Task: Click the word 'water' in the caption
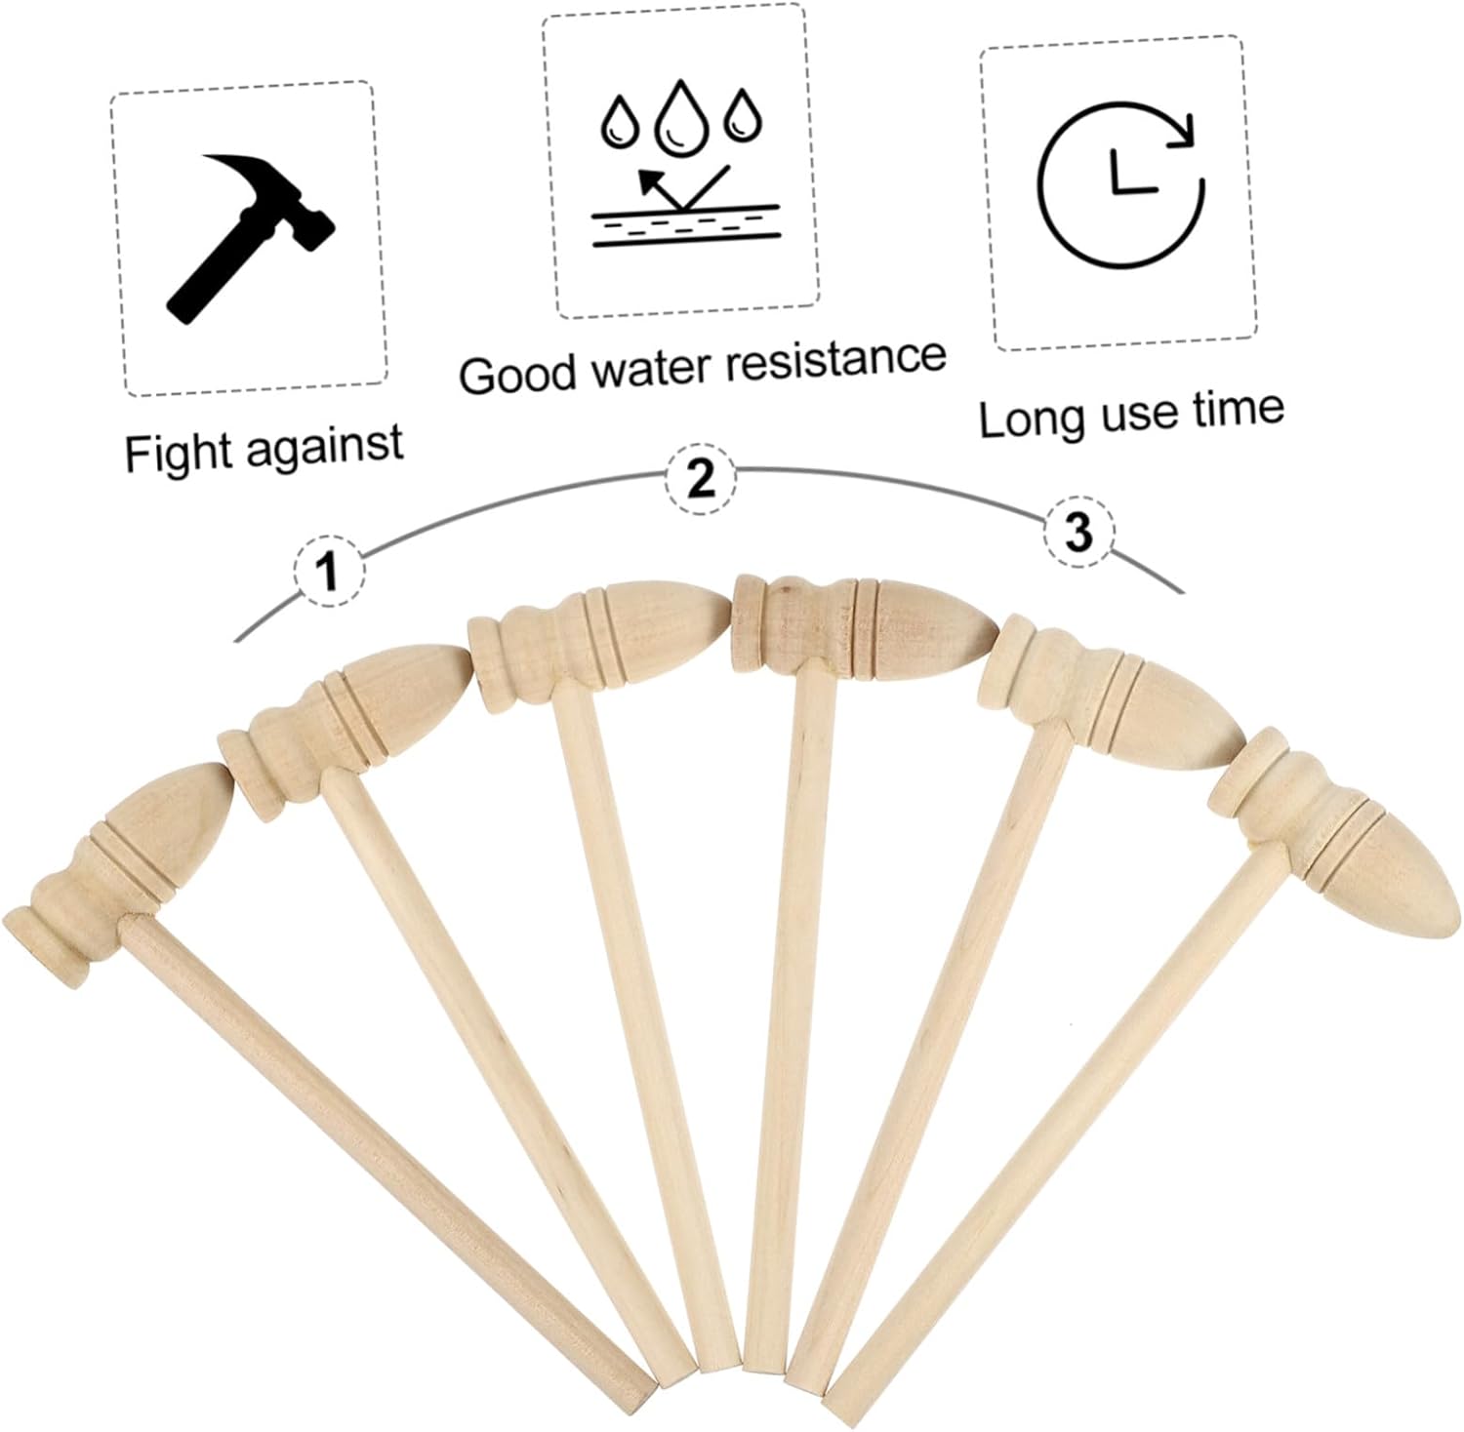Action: point(641,367)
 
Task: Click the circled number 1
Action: point(329,571)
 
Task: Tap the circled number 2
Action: point(702,479)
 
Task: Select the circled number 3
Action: point(1078,533)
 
